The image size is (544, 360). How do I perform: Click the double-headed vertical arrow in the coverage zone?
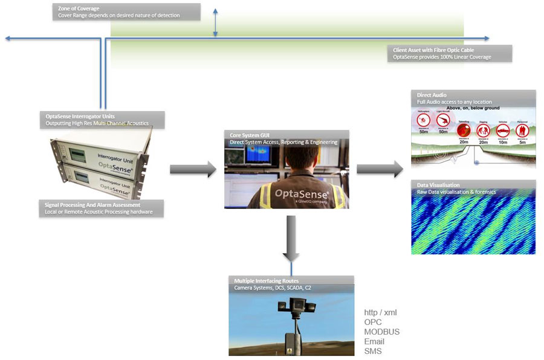(215, 24)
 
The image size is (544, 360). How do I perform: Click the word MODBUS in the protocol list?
(381, 332)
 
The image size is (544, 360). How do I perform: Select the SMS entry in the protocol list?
(373, 351)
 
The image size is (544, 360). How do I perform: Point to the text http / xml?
(380, 312)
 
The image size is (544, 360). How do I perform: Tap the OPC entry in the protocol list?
(373, 322)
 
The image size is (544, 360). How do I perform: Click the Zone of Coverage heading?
(76, 8)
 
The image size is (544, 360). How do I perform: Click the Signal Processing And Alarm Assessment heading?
(92, 205)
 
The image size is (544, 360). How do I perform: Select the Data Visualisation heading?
(438, 185)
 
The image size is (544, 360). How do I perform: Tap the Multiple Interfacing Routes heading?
(267, 281)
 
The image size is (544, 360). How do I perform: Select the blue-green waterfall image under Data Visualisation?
(473, 223)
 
